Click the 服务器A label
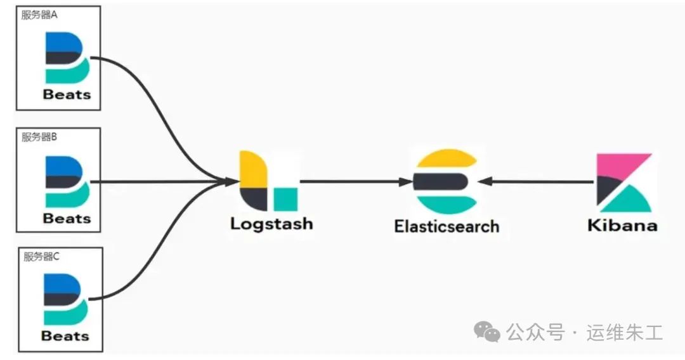click(39, 15)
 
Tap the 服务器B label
click(39, 136)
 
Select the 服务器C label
click(41, 257)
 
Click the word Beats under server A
click(67, 95)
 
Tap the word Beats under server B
click(67, 219)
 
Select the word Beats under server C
click(65, 335)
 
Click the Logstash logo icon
click(267, 181)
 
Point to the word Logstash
click(271, 224)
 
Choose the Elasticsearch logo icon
click(445, 181)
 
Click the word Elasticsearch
click(447, 226)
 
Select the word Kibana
click(622, 226)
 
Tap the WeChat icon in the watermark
click(488, 331)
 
